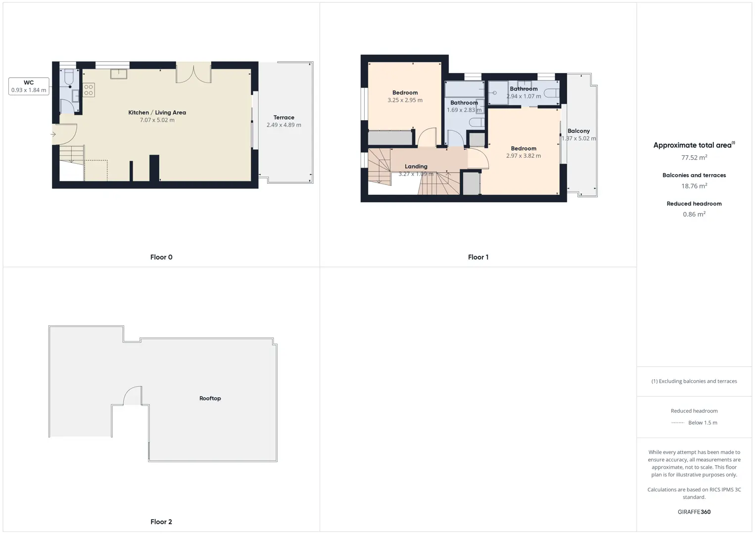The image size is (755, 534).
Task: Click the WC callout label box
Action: click(29, 86)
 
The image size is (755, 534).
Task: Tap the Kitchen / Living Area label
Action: click(157, 113)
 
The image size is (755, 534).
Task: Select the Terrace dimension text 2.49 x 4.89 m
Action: click(284, 125)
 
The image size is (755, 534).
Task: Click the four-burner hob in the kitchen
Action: click(89, 90)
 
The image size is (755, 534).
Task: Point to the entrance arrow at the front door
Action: click(53, 134)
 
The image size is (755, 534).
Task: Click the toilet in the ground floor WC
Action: click(69, 77)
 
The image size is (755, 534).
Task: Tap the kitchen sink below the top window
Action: click(119, 74)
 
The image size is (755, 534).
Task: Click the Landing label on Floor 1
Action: click(416, 167)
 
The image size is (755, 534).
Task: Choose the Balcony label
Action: click(579, 131)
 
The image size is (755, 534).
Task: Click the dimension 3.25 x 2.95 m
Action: click(405, 100)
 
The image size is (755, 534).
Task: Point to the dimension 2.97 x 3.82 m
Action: click(523, 156)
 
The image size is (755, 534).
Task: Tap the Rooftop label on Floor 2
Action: click(210, 398)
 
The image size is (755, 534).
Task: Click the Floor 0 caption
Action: click(161, 257)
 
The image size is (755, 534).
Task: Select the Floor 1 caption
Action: click(478, 257)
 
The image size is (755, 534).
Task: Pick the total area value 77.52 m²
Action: click(694, 157)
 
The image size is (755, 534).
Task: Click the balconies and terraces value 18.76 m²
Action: click(694, 185)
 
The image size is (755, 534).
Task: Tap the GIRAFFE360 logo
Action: click(694, 512)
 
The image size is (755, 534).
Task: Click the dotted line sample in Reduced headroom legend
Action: click(677, 422)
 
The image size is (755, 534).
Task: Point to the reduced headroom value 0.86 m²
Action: click(694, 214)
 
